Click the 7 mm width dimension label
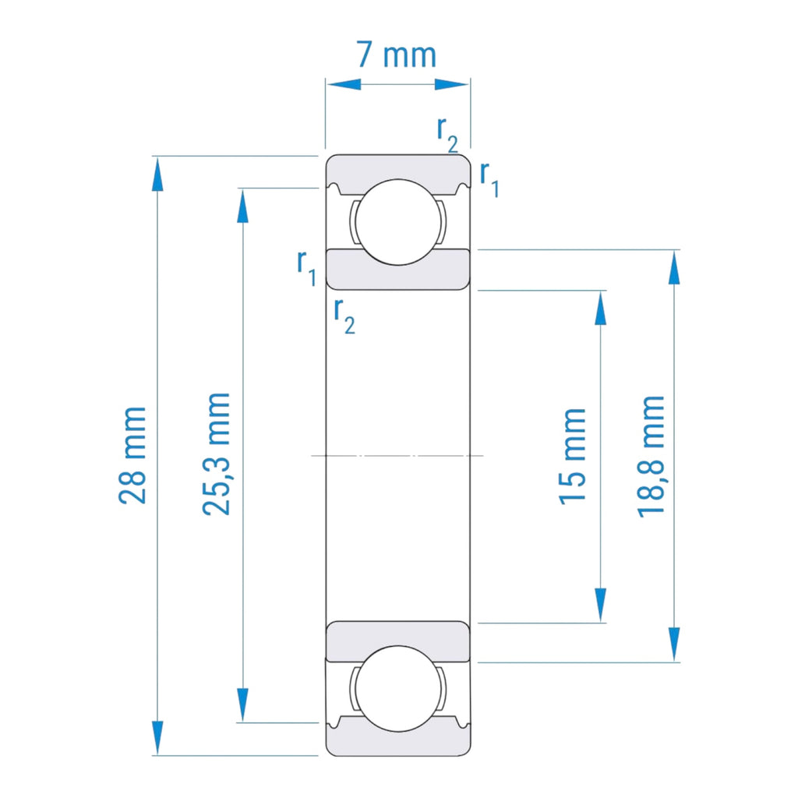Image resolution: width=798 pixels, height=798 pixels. (x=396, y=55)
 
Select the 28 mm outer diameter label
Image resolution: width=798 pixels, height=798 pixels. (x=133, y=455)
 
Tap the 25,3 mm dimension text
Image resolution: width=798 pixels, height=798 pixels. (x=216, y=454)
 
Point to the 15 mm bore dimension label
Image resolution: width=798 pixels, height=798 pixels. (x=572, y=455)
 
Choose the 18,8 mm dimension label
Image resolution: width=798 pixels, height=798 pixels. (x=651, y=456)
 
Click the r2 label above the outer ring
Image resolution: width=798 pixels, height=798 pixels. (x=447, y=134)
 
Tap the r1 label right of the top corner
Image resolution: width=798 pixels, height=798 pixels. (x=489, y=178)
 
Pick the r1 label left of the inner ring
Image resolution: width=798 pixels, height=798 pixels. (x=306, y=267)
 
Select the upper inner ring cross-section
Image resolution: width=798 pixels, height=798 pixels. (x=397, y=270)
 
